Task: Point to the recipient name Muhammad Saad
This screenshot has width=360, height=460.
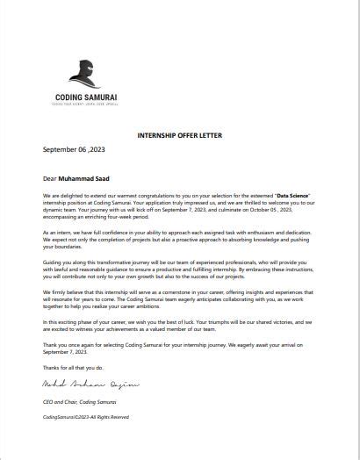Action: [x=85, y=176]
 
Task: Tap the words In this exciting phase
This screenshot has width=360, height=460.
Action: [x=69, y=321]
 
